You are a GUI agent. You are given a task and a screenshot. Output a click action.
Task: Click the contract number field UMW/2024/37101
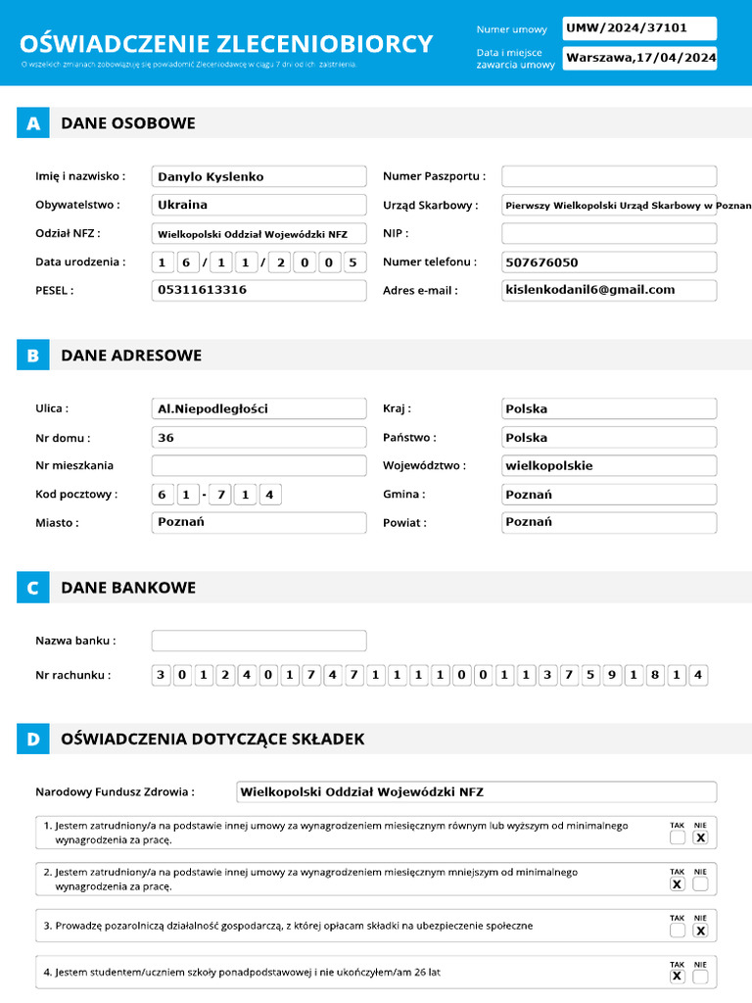[639, 28]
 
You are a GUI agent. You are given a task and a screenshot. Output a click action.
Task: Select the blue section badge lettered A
[32, 123]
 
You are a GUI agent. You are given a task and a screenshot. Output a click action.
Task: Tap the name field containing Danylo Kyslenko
[258, 176]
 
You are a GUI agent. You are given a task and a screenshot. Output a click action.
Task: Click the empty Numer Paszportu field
[609, 176]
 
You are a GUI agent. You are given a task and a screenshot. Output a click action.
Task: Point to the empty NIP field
[609, 233]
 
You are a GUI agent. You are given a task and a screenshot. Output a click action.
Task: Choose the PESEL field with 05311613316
[258, 290]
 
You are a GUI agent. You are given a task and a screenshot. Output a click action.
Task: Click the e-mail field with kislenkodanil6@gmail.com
[609, 290]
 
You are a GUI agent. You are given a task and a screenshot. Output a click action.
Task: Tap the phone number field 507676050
[609, 262]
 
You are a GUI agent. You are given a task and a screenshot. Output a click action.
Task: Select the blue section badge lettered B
[32, 356]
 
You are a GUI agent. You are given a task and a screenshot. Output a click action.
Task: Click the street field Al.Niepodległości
[258, 408]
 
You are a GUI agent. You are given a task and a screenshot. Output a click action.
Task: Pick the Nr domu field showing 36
[258, 437]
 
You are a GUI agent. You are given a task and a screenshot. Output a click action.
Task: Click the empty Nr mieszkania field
[258, 465]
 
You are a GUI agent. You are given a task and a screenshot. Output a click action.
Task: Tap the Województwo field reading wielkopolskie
[609, 465]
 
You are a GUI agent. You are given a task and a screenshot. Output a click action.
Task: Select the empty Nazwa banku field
[258, 641]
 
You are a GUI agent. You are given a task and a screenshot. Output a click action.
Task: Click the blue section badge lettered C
[32, 588]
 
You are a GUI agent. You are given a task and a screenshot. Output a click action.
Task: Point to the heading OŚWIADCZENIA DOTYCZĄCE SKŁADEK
[212, 739]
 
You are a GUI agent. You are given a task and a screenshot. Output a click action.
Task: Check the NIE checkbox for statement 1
[700, 838]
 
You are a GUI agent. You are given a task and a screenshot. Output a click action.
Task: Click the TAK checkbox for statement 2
[677, 884]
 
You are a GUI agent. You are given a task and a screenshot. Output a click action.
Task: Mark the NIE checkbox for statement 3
[700, 931]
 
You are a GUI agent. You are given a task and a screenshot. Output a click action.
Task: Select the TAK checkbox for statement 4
[677, 977]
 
